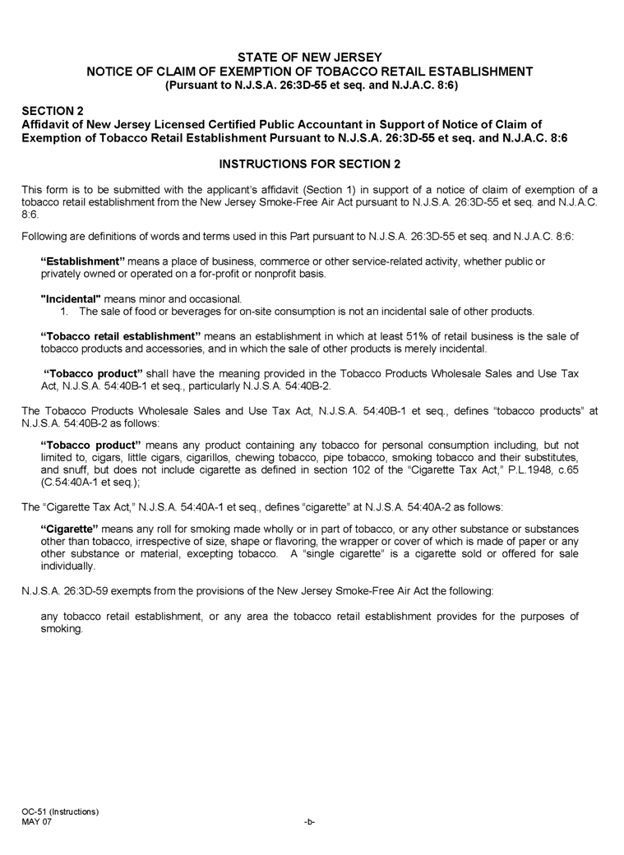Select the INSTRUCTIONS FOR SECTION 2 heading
(x=309, y=164)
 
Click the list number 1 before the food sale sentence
(x=64, y=312)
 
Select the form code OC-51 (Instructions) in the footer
(x=61, y=812)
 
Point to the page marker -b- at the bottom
(x=309, y=822)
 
